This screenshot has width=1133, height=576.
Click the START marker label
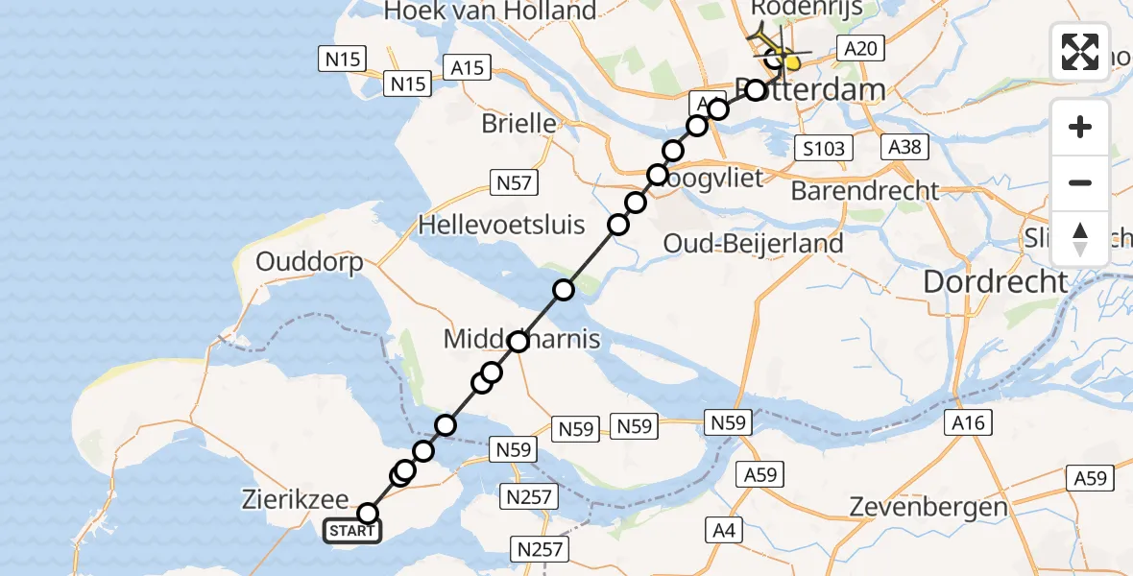pyautogui.click(x=353, y=531)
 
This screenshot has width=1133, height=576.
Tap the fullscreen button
pyautogui.click(x=1080, y=51)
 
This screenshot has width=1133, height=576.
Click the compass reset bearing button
pyautogui.click(x=1080, y=239)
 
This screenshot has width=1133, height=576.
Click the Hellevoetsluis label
pyautogui.click(x=501, y=226)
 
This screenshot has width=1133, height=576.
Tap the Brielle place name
pyautogui.click(x=519, y=123)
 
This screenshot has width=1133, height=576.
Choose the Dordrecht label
pyautogui.click(x=995, y=281)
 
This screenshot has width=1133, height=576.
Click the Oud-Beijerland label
pyautogui.click(x=753, y=244)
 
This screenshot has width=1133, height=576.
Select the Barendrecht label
pyautogui.click(x=864, y=190)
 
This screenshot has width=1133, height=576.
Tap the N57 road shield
pyautogui.click(x=514, y=182)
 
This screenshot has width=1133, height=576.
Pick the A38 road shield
pyautogui.click(x=905, y=147)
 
